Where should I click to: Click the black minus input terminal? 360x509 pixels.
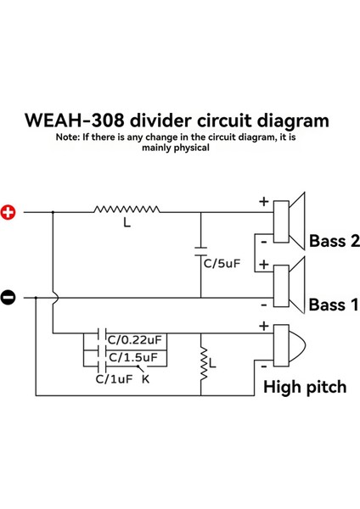click(x=8, y=297)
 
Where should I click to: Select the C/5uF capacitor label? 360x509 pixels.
click(x=222, y=263)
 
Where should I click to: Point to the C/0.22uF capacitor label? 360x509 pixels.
click(x=134, y=340)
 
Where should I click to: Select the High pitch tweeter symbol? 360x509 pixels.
click(x=289, y=346)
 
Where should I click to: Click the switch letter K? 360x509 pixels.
click(x=145, y=379)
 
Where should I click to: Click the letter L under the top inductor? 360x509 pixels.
click(x=127, y=227)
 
